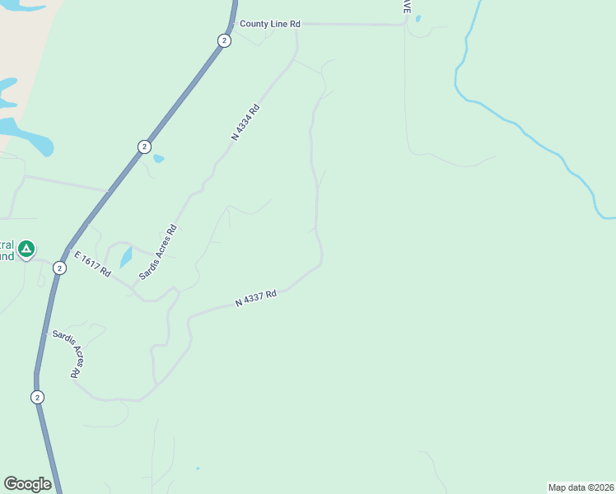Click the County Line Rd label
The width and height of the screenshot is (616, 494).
[270, 25]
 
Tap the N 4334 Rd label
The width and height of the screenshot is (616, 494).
[245, 122]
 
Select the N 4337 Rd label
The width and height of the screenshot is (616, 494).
[255, 298]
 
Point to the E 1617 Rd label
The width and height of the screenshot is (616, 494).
[91, 264]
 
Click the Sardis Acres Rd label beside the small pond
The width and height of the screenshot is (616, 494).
[157, 252]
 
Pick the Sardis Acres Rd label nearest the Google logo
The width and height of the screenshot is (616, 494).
[68, 353]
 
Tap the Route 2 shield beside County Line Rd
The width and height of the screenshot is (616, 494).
[224, 40]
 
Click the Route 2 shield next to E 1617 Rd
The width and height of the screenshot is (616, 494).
[59, 268]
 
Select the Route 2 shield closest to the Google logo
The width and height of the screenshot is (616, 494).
[37, 397]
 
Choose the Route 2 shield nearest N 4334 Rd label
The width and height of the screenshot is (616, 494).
[144, 147]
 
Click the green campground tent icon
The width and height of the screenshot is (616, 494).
[26, 248]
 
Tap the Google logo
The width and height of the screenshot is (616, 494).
[27, 484]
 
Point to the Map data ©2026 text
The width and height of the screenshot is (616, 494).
[581, 487]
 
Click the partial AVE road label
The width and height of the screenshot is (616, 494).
[405, 7]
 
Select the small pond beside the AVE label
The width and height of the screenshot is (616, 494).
[418, 19]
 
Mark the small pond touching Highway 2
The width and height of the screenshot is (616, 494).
[159, 159]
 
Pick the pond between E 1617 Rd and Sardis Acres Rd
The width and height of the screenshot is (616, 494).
[126, 258]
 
